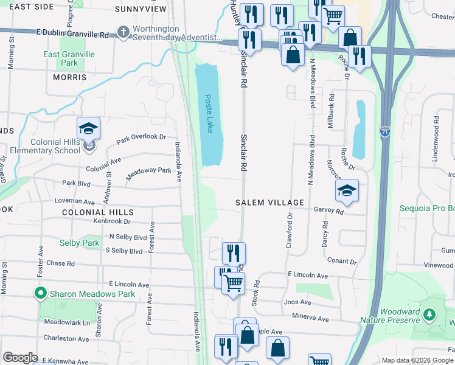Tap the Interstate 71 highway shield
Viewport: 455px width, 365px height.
point(384,131)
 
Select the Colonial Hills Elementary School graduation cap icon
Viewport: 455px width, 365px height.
point(88,129)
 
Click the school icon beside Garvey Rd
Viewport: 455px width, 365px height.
point(347,191)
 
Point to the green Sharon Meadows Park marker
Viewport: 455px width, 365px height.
point(41,293)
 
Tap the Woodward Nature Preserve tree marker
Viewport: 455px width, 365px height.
point(429,314)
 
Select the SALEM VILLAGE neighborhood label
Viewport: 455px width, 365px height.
point(269,203)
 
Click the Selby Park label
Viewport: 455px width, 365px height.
point(79,243)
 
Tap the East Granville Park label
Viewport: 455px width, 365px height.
point(69,58)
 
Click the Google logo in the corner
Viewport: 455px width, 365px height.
point(19,358)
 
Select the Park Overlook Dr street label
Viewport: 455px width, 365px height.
point(141,138)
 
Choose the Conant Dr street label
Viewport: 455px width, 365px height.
point(342,262)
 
